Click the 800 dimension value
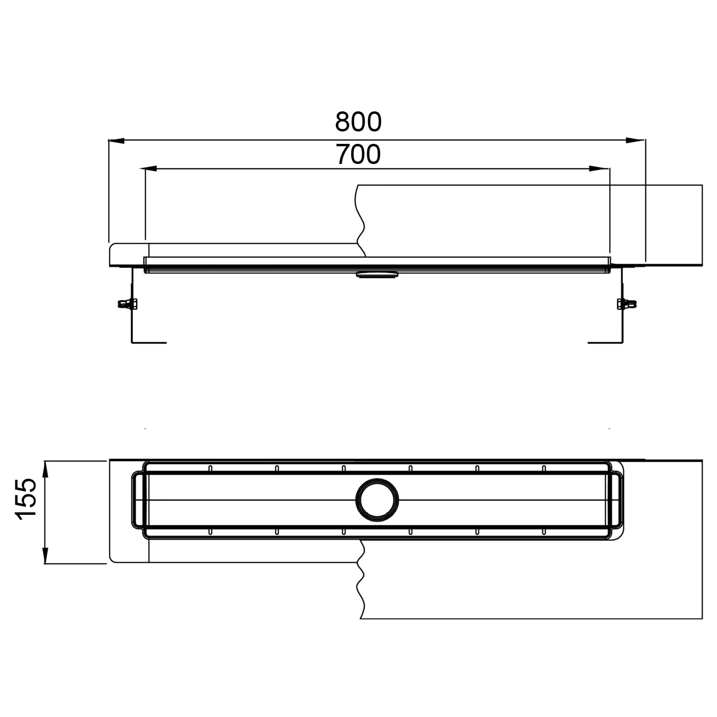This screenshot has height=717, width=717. [358, 122]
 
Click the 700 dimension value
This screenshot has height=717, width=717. [358, 154]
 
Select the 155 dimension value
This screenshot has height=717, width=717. [26, 499]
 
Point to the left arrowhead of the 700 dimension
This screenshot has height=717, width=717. [150, 169]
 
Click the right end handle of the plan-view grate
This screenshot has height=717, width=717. [618, 500]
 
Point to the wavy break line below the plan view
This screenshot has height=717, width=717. [361, 581]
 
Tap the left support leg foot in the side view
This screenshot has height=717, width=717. [149, 342]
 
